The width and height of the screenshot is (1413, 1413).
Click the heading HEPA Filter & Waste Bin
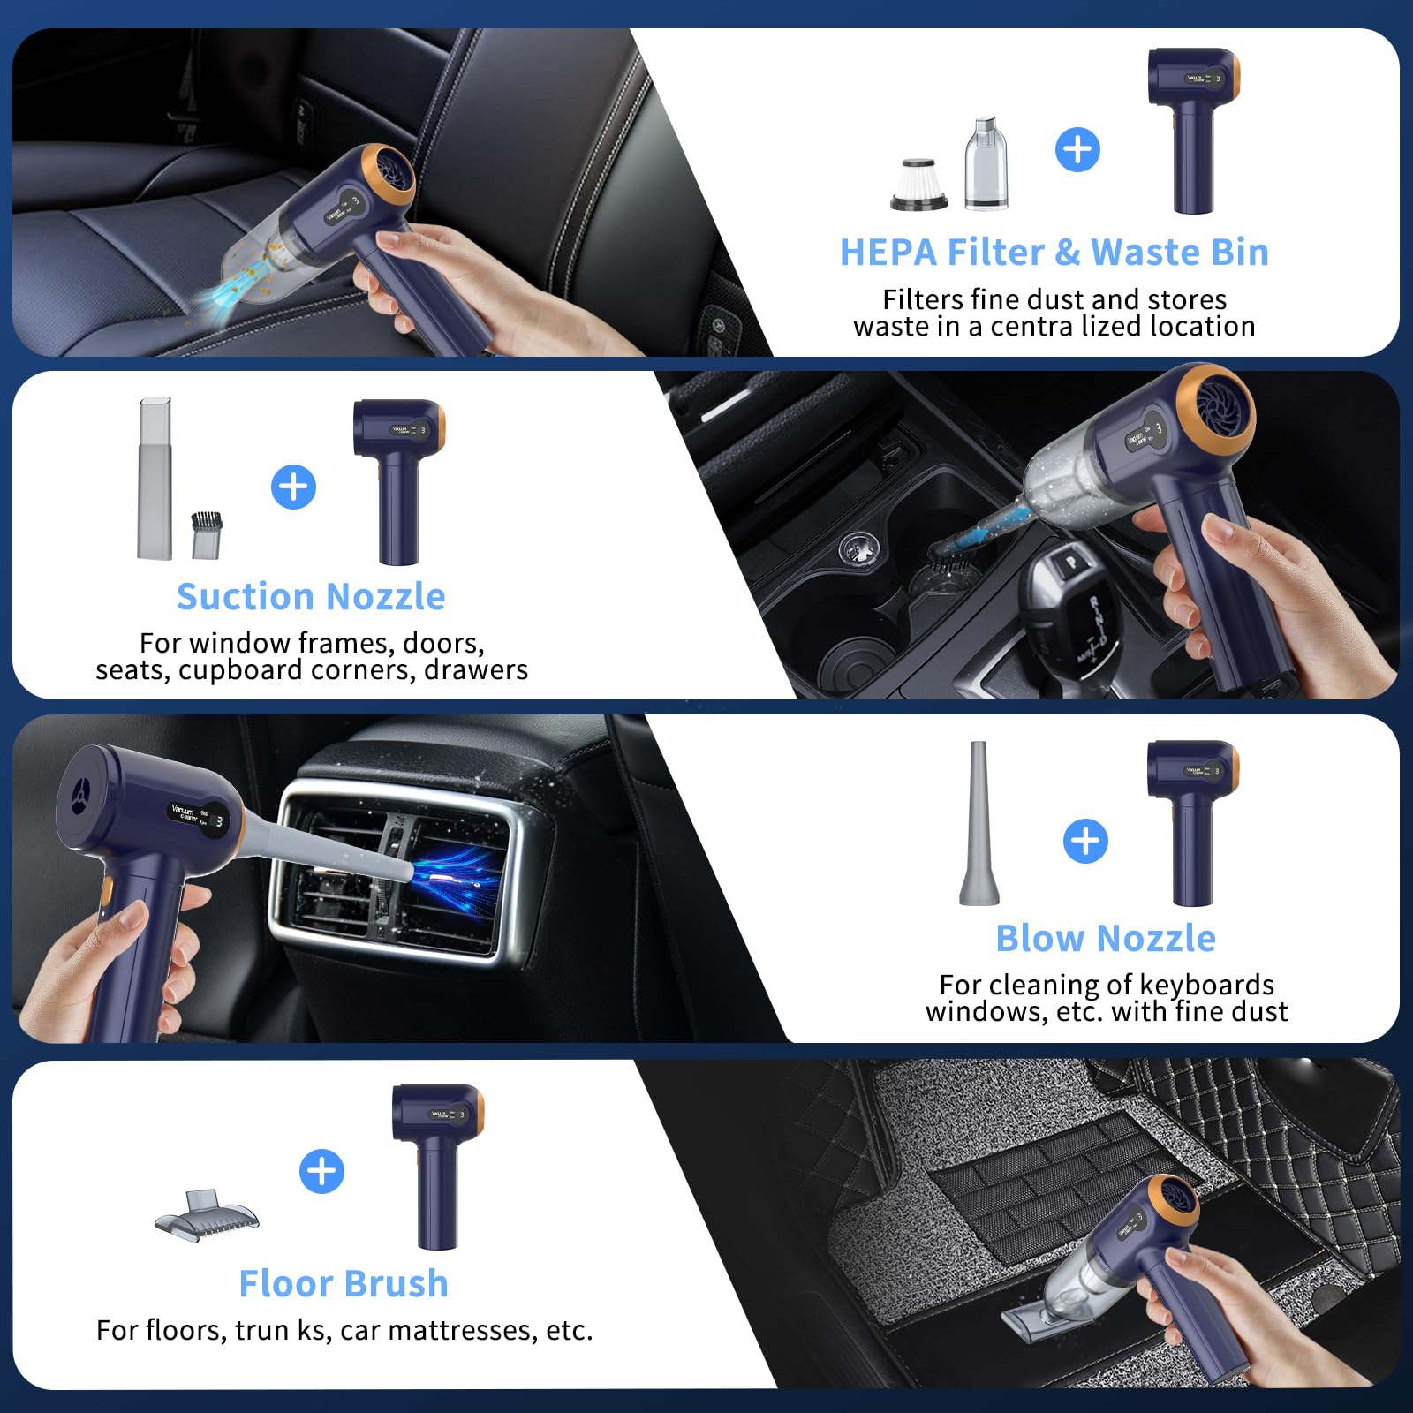pyautogui.click(x=1054, y=253)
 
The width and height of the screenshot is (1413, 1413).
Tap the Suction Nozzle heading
pyautogui.click(x=311, y=597)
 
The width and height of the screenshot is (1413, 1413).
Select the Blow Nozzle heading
pyautogui.click(x=1106, y=938)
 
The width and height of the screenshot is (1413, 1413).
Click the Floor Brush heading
pyautogui.click(x=344, y=1283)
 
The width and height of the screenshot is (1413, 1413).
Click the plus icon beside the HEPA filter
pyautogui.click(x=1077, y=149)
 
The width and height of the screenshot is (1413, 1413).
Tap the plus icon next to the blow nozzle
pyautogui.click(x=1085, y=841)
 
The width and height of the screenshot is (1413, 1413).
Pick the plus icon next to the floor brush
pyautogui.click(x=321, y=1172)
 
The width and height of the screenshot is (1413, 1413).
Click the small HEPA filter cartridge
pyautogui.click(x=919, y=184)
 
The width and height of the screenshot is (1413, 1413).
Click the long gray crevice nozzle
pyautogui.click(x=155, y=479)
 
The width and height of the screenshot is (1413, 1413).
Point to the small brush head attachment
pyautogui.click(x=208, y=534)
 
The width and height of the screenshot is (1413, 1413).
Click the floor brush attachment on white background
pyautogui.click(x=207, y=1213)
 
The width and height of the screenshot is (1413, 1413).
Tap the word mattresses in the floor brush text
pyautogui.click(x=460, y=1330)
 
